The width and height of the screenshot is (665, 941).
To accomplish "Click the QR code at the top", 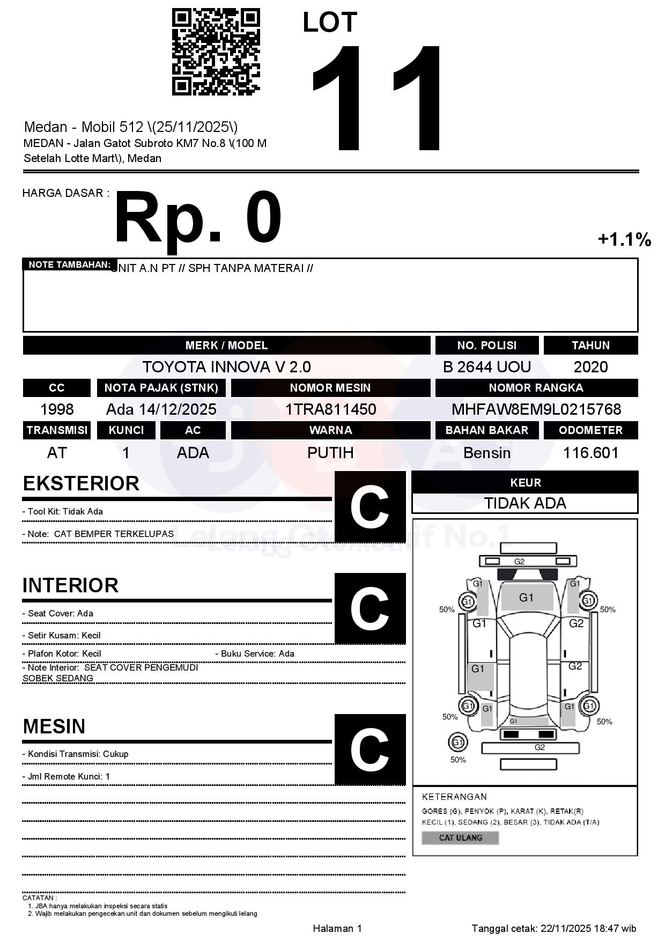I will point(216,52).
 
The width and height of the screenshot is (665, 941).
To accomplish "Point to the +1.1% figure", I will point(624,239).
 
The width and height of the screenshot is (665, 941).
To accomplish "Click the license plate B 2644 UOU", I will point(486,367).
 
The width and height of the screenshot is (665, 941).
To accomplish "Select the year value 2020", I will point(590,367).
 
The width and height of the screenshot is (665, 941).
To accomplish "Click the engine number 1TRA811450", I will point(330,409).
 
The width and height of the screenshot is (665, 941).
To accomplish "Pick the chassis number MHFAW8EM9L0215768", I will point(536,409).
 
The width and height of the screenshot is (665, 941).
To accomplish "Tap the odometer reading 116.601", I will point(590,453).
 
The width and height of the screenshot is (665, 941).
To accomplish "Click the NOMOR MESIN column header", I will point(330,388).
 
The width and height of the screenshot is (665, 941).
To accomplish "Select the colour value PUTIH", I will point(330,453).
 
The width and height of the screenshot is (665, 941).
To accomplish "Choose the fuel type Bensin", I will point(486,453).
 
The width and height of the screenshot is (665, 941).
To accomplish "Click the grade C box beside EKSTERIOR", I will point(370,507).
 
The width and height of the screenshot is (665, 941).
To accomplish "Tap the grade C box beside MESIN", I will point(370,749).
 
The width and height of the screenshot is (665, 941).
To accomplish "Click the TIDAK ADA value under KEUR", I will point(525,503).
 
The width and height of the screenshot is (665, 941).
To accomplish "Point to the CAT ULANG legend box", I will point(460,837).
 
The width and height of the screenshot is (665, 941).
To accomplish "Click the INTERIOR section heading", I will point(70,585).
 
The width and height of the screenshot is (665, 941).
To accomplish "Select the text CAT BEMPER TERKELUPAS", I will point(114,534).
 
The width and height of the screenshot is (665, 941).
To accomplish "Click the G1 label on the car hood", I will point(526,598).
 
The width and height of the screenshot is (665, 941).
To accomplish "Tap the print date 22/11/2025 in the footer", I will point(565,928).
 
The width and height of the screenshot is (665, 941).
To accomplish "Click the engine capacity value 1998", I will point(57,409).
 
